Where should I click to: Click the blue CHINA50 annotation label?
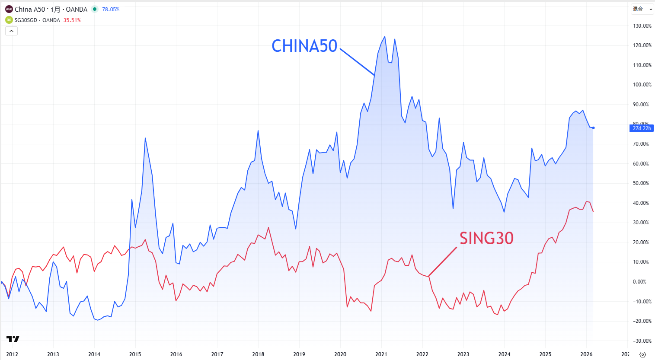[304, 46]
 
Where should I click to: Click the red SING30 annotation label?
[486, 238]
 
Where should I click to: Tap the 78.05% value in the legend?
[111, 10]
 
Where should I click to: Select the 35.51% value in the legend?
[72, 20]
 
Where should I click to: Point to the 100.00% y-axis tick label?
[642, 85]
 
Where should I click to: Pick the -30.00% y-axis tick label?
[642, 341]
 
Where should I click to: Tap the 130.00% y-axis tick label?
[642, 26]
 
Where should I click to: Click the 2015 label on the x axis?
[135, 354]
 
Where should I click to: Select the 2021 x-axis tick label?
[381, 354]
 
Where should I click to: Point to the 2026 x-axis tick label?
[586, 354]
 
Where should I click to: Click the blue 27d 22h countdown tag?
[642, 128]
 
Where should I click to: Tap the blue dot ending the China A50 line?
[593, 128]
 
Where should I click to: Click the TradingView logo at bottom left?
[13, 339]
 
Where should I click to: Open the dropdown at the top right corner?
[642, 9]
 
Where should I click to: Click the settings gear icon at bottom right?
[642, 354]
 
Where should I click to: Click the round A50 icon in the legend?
[9, 9]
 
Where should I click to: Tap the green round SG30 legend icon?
[9, 20]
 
